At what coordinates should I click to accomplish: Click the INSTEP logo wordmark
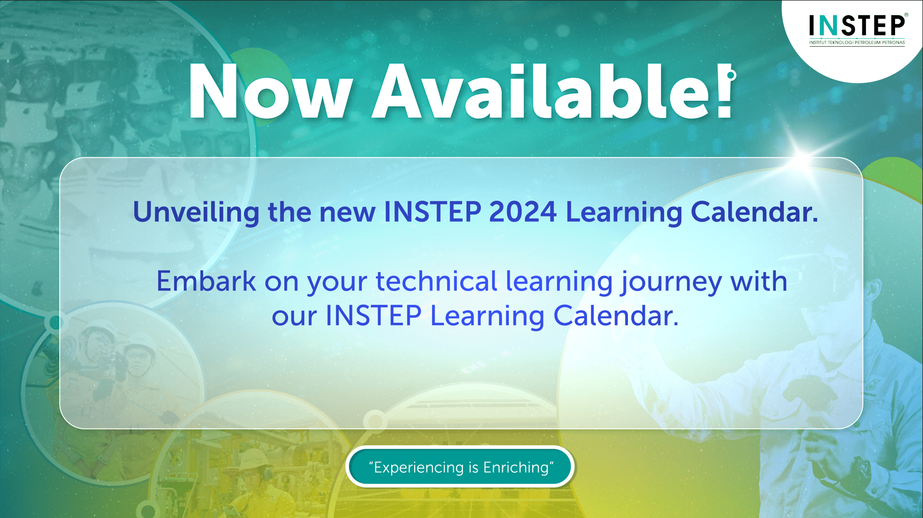(857, 25)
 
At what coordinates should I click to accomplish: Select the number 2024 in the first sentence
(523, 212)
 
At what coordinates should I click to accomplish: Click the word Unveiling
(196, 212)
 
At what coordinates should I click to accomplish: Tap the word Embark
(206, 281)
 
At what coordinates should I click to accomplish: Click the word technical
(436, 281)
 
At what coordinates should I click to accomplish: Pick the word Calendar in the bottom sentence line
(616, 316)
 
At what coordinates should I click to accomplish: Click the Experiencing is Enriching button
(460, 467)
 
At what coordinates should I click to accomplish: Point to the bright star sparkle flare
(803, 151)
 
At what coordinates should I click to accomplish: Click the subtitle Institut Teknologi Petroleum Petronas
(857, 43)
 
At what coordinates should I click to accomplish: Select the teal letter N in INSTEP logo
(829, 25)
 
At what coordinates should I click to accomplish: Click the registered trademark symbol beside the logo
(906, 15)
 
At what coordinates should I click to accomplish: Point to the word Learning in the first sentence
(624, 212)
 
